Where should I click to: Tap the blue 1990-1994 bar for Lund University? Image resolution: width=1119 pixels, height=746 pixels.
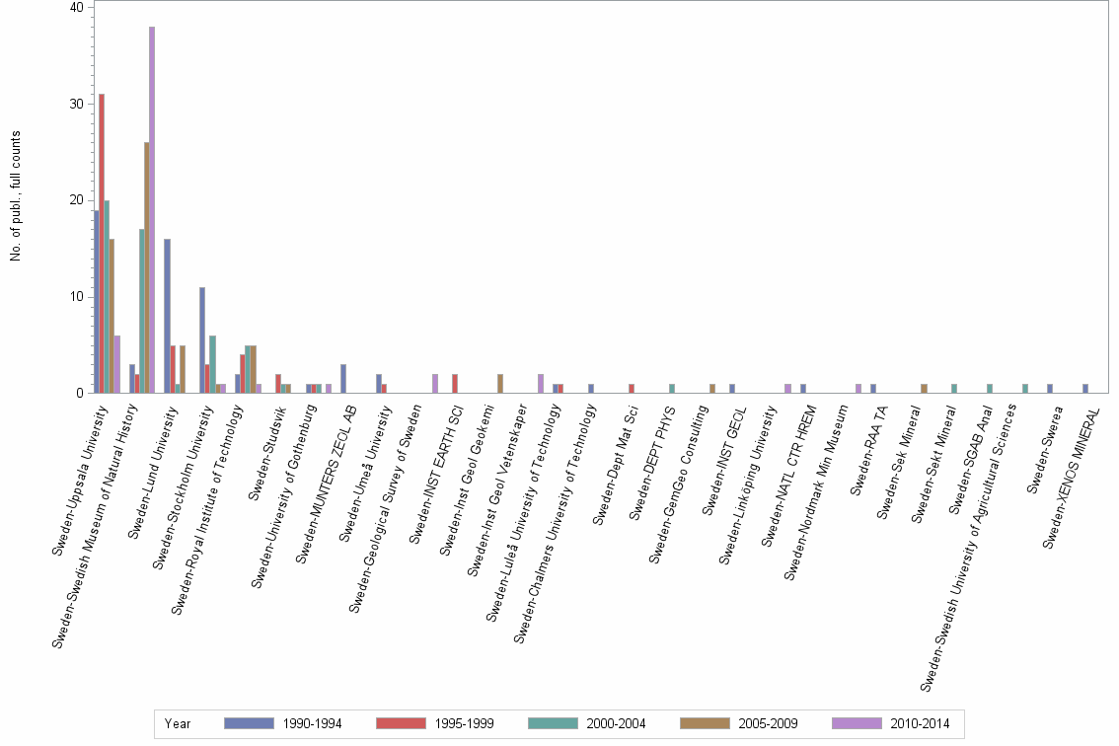tap(167, 316)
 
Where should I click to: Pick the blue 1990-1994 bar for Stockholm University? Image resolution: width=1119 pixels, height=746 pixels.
tap(202, 340)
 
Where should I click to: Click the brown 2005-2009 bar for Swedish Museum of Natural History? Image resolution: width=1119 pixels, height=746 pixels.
tap(147, 267)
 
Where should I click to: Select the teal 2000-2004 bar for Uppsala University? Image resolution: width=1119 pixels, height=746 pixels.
tap(107, 297)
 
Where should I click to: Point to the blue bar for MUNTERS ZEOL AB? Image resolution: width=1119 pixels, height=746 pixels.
tap(343, 379)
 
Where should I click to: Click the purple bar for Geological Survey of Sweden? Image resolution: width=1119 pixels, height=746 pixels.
tap(435, 384)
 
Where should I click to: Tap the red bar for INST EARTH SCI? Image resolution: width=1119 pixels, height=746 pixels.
tap(455, 384)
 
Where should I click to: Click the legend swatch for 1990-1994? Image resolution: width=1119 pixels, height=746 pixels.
tap(249, 724)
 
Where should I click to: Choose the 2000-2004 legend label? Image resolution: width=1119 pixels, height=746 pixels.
tap(616, 724)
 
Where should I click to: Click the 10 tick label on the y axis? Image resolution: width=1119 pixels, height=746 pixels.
tap(78, 297)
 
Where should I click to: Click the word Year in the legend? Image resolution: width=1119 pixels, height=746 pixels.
tap(178, 724)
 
